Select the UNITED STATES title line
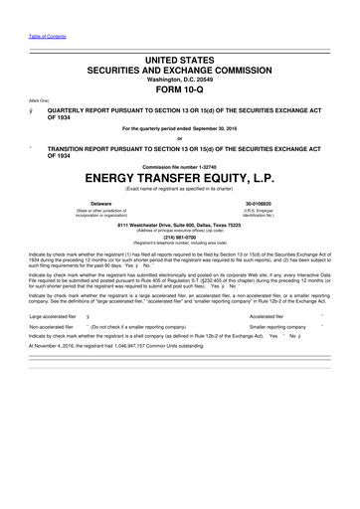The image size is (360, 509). pyautogui.click(x=179, y=33)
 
